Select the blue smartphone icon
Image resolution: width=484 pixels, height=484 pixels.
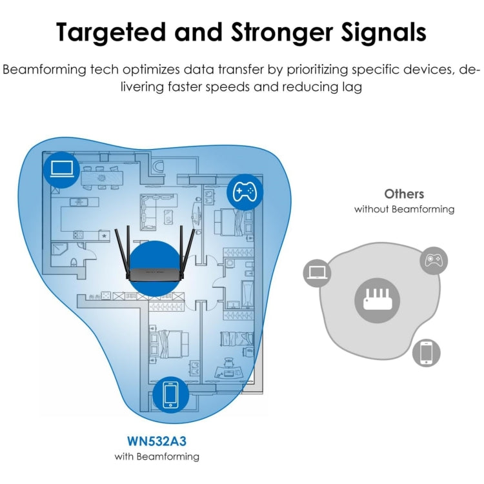[x=170, y=394]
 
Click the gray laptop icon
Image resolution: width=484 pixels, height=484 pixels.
[x=317, y=273]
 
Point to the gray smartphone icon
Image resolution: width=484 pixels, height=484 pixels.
[x=426, y=352]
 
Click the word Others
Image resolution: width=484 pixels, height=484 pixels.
[x=404, y=194]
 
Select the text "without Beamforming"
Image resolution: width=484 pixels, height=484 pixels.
[x=404, y=209]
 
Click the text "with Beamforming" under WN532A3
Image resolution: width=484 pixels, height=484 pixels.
[x=157, y=456]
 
